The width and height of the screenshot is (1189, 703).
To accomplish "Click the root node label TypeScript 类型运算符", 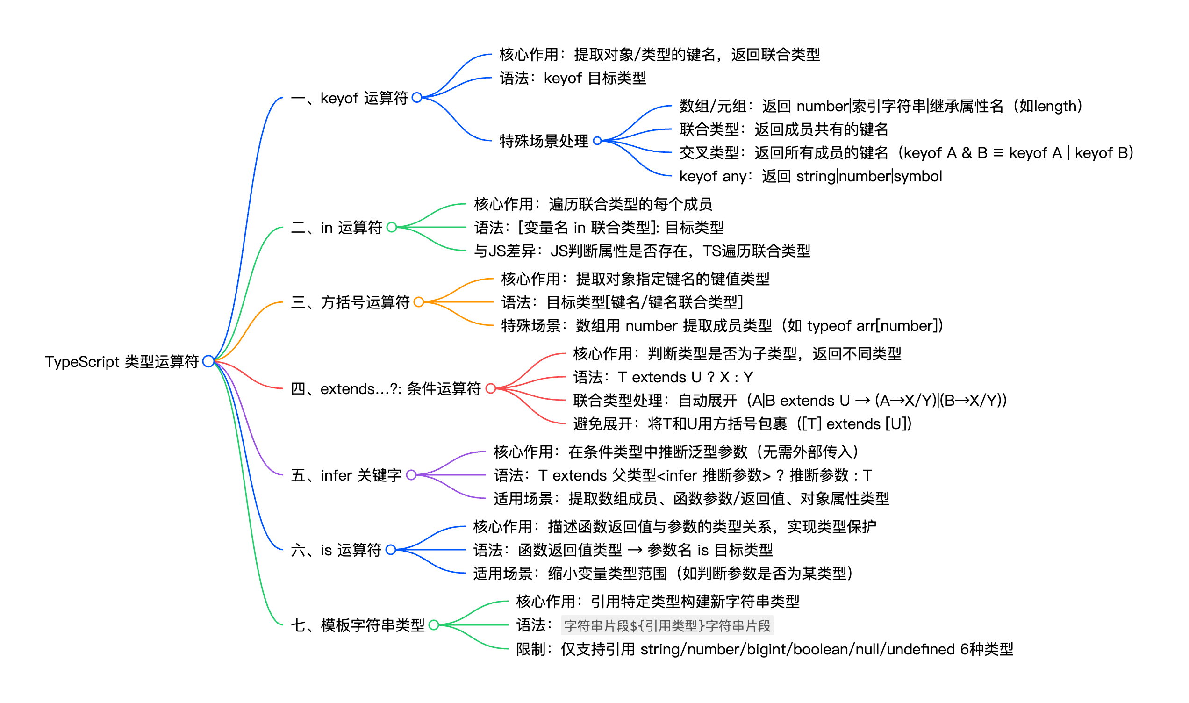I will click(122, 362).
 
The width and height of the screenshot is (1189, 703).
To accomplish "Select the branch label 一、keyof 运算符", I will click(350, 98).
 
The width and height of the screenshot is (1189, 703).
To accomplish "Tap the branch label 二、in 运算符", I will click(337, 228).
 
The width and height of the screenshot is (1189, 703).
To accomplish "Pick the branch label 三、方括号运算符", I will click(351, 302).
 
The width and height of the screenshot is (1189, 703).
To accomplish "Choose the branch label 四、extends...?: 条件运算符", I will click(386, 389).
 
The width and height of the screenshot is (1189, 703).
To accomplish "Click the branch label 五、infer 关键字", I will click(346, 475).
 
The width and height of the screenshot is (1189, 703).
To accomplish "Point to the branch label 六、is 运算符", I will click(336, 550).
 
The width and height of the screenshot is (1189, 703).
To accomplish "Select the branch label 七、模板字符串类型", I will click(358, 625).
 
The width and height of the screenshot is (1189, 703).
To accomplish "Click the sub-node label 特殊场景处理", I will click(544, 141).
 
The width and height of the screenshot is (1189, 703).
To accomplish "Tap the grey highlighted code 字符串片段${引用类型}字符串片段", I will click(667, 626).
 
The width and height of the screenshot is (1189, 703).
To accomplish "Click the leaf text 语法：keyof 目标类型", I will click(573, 78).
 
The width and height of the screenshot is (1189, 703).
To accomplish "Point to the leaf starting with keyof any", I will click(810, 176).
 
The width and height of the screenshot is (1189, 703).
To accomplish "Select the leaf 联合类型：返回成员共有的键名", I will click(784, 129).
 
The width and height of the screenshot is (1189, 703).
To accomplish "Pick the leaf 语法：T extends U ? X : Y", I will click(663, 378).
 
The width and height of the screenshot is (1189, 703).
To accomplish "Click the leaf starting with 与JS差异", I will click(642, 251).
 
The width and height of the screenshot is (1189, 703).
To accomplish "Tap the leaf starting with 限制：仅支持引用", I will click(764, 649).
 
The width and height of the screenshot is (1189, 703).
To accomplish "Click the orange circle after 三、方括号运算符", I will click(419, 302).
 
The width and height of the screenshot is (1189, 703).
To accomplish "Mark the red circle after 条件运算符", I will click(491, 389).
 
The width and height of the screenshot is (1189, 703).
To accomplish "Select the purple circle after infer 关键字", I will click(411, 475).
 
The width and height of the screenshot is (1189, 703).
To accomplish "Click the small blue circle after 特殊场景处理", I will click(598, 141).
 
